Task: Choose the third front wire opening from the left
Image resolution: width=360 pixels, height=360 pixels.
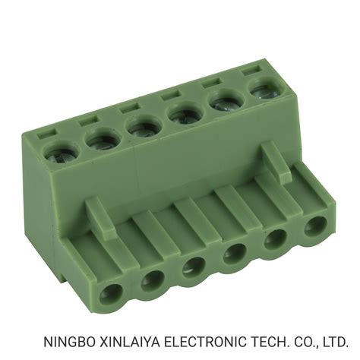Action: coord(191,266)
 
